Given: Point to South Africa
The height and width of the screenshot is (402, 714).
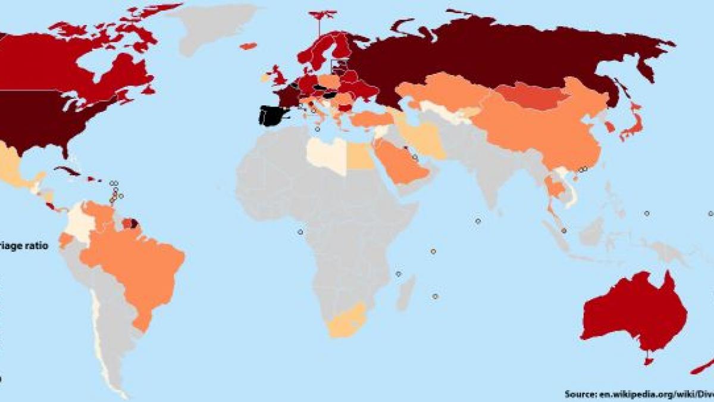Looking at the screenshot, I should [345, 322].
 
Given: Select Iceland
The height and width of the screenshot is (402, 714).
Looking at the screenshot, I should [248, 46].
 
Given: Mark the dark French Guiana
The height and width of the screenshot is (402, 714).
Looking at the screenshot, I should [134, 224].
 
